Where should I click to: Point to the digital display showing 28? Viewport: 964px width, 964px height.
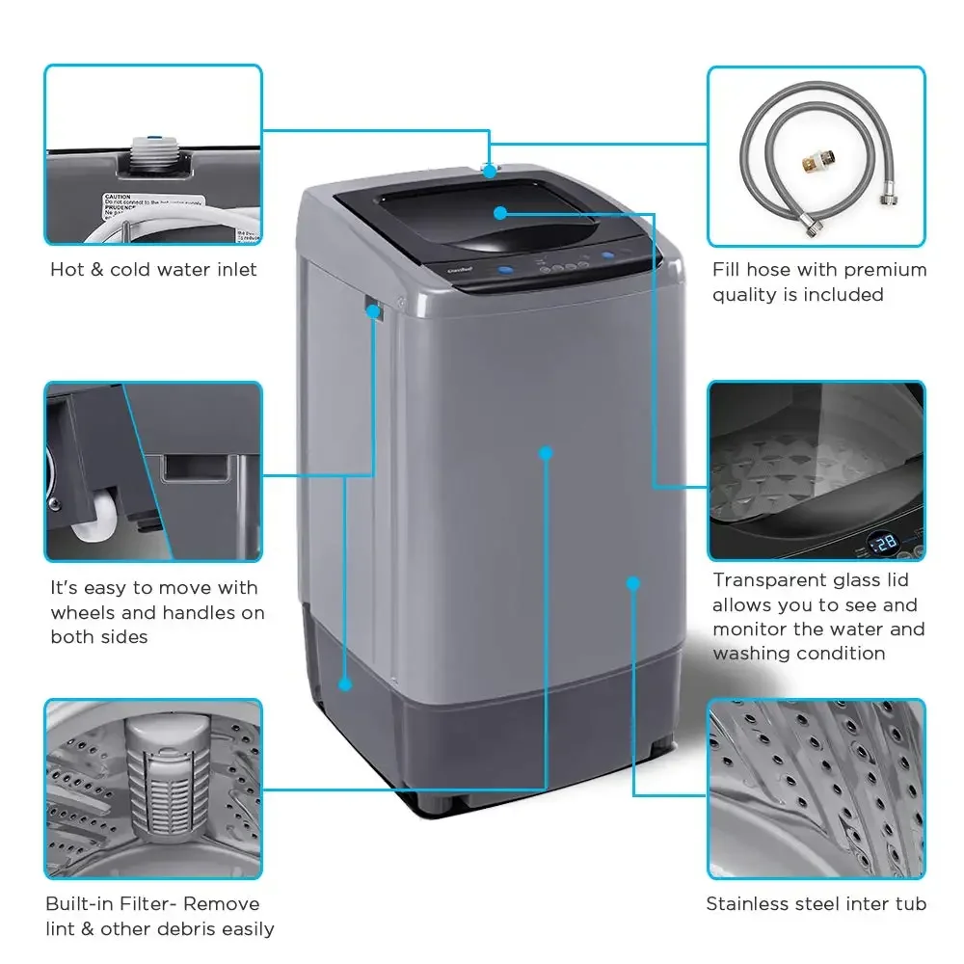tap(882, 543)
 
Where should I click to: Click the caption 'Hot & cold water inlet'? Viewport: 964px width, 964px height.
tap(153, 270)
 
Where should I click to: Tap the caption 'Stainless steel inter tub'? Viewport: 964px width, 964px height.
tap(816, 904)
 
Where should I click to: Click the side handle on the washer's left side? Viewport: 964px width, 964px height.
tap(373, 310)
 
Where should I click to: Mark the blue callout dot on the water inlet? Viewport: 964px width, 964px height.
tap(490, 172)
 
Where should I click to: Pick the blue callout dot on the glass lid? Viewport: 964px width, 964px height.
tap(500, 212)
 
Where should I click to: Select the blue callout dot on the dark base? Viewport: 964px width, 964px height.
tap(345, 683)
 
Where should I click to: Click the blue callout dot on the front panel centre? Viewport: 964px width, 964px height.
tap(546, 451)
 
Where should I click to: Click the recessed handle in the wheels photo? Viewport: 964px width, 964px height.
tap(197, 468)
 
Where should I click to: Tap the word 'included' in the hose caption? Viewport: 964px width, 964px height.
tap(844, 295)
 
